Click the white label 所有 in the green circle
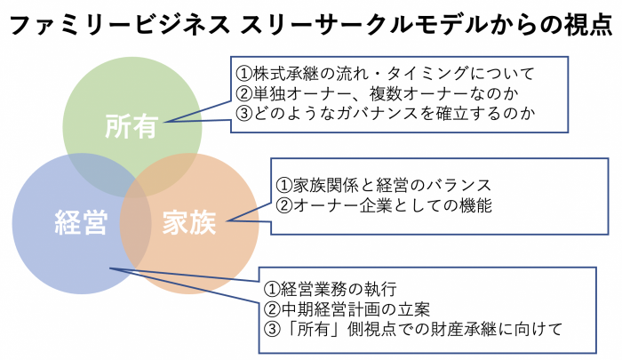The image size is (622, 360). coord(132,126)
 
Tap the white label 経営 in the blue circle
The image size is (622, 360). coord(81,222)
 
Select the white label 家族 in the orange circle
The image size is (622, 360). coord(189,222)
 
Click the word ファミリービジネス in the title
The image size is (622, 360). coord(120,26)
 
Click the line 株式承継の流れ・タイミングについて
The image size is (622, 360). coord(385,74)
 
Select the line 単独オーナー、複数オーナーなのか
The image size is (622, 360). coord(378,93)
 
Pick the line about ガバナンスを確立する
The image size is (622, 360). coord(385,114)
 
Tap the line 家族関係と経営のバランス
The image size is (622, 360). coord(384,185)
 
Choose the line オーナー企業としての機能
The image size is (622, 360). coord(384,205)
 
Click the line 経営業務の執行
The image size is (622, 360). coord(330,289)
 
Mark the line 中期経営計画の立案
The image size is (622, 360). coord(347,309)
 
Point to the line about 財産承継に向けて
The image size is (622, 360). coord(413,329)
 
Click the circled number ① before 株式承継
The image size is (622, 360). coord(244,74)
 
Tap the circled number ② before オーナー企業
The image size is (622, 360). coord(284,205)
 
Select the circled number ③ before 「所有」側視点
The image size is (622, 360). coord(272,330)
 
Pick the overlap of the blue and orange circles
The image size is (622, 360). coord(136,223)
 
